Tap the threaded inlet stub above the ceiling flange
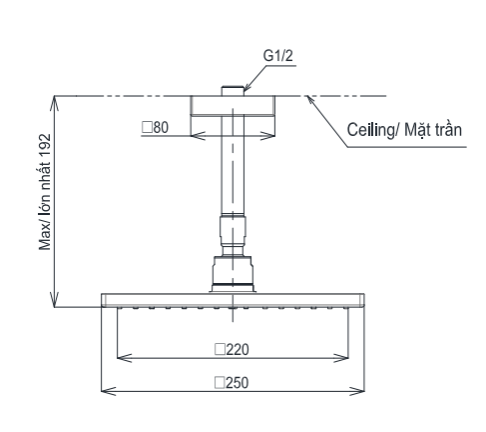pyautogui.click(x=233, y=91)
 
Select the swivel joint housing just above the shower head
pyautogui.click(x=233, y=272)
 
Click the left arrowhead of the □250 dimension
pyautogui.click(x=104, y=391)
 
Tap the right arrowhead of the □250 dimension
pyautogui.click(x=361, y=391)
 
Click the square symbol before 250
pyautogui.click(x=217, y=381)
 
